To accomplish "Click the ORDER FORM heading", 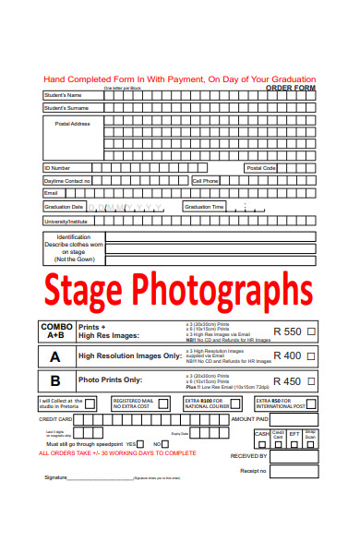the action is [x=290, y=88].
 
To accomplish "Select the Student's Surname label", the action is [x=66, y=108].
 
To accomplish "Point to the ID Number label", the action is [x=57, y=168].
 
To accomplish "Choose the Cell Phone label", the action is [x=205, y=181].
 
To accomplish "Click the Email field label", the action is [x=52, y=193].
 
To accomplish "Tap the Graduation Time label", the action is [x=204, y=207].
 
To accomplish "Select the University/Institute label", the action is [x=66, y=222].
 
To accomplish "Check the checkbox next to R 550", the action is [x=311, y=331].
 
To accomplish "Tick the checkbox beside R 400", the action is [x=311, y=355].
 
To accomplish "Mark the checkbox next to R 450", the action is [x=311, y=380].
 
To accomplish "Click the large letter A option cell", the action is [x=55, y=356].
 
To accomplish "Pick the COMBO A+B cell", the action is [x=55, y=331].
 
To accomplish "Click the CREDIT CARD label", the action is [x=54, y=419].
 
